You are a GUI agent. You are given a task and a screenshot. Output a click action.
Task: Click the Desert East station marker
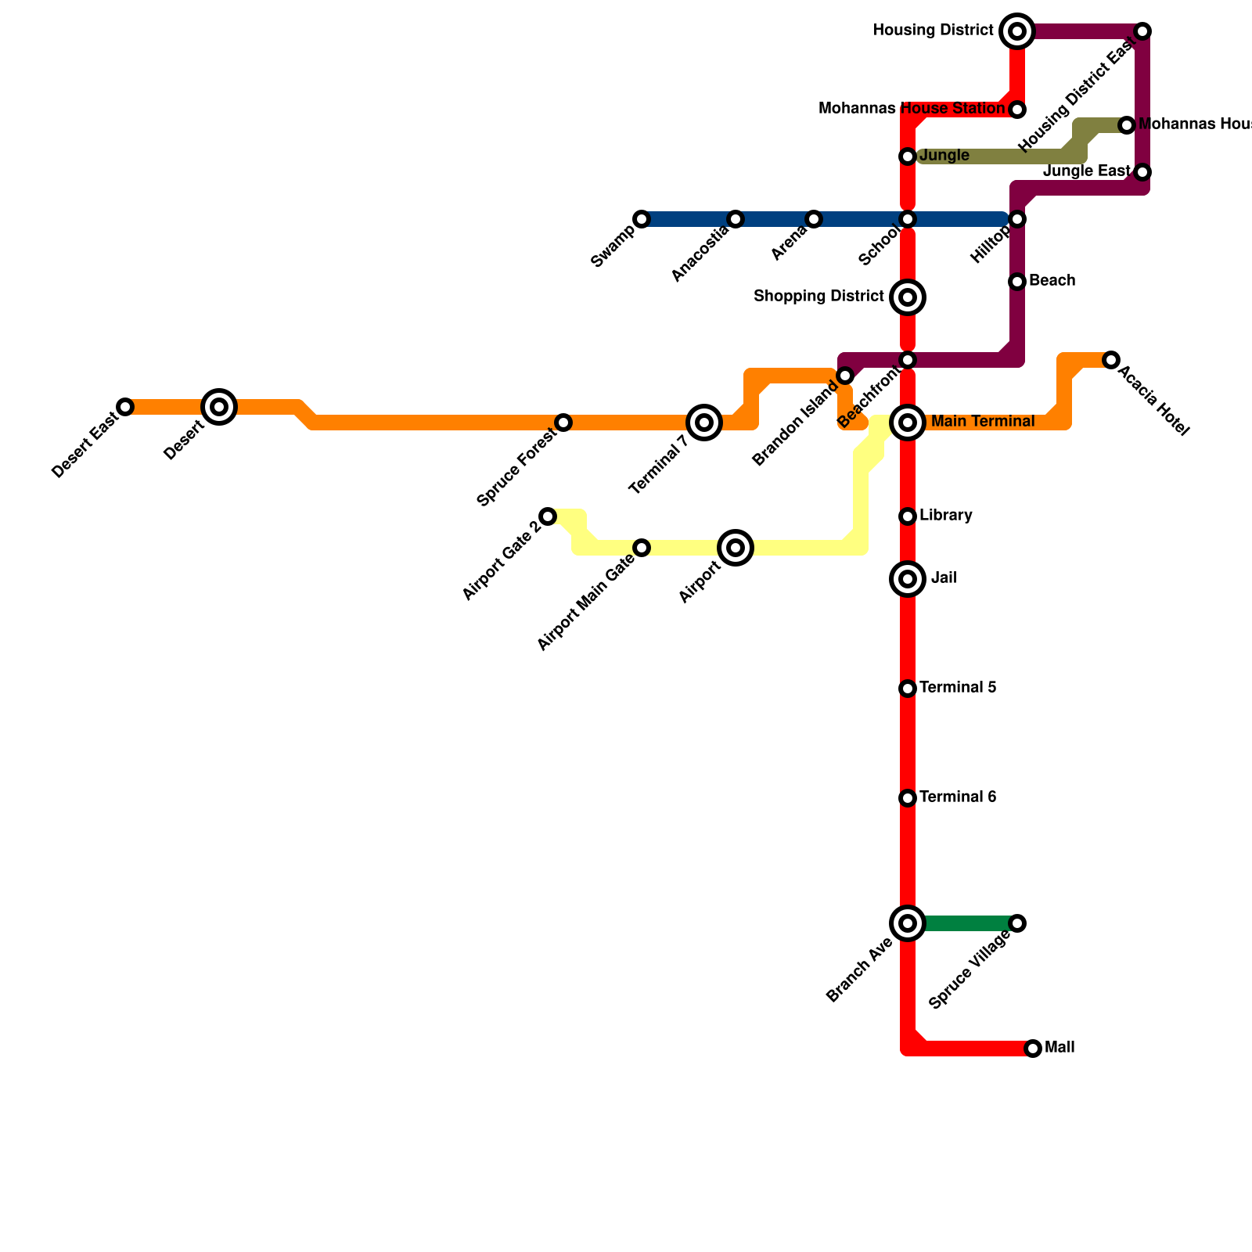[125, 407]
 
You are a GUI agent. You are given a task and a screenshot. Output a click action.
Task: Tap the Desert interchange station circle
[219, 406]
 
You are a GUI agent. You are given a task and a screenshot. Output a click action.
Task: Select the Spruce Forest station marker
[563, 423]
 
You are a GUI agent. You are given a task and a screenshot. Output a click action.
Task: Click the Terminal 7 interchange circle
[704, 423]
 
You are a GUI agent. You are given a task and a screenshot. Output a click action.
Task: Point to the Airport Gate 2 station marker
[548, 516]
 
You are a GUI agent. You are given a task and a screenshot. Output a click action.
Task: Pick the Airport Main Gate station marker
[642, 548]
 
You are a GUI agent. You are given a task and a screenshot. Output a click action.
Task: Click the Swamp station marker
[642, 219]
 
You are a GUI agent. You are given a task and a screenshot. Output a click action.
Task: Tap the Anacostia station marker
[736, 219]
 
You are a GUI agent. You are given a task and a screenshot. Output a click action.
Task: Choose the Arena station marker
[814, 219]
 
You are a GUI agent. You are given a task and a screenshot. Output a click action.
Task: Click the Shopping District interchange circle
[908, 297]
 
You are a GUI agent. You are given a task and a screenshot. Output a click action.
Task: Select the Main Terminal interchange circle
[908, 423]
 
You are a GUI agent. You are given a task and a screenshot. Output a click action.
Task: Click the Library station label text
[946, 516]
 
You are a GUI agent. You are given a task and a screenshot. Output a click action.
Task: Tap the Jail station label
[944, 578]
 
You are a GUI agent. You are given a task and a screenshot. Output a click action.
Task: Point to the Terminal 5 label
[958, 688]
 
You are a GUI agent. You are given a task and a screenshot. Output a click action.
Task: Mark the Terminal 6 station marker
[908, 798]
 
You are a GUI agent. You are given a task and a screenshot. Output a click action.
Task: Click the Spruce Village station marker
[1017, 923]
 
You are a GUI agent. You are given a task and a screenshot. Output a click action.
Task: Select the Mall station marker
[1033, 1049]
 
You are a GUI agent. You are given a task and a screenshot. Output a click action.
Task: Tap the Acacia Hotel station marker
[1111, 360]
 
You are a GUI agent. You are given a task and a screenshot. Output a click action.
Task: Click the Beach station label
[1052, 281]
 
